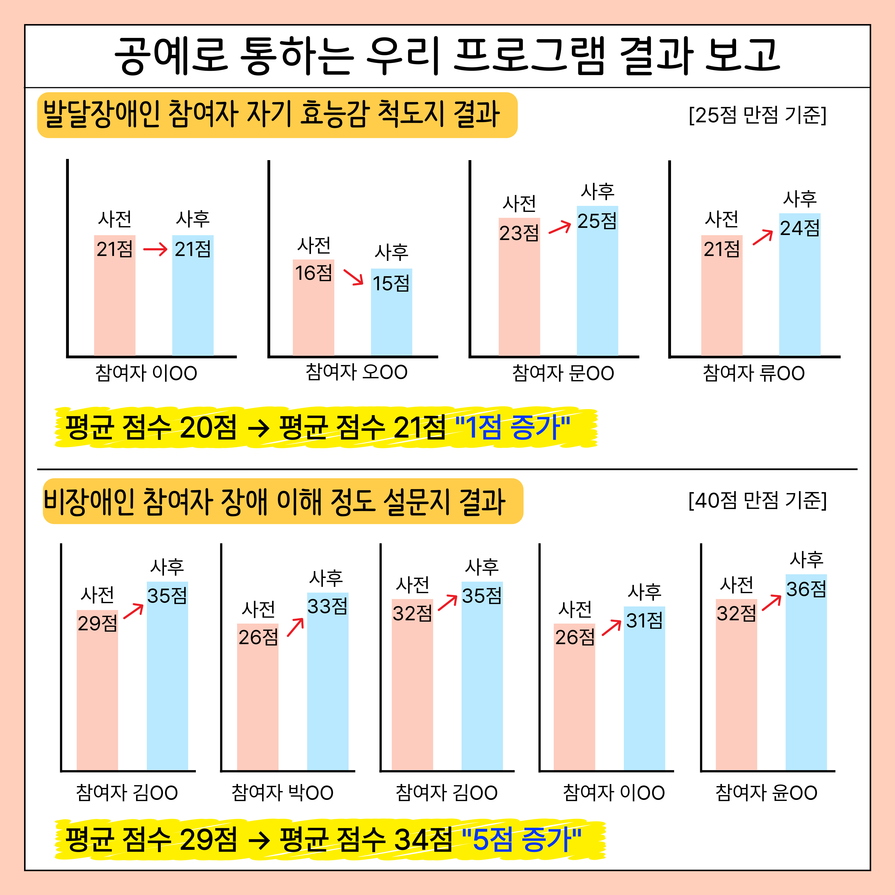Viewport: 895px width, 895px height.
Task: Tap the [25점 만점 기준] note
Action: pyautogui.click(x=758, y=115)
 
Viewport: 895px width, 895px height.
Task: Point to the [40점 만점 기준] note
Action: pyautogui.click(x=758, y=500)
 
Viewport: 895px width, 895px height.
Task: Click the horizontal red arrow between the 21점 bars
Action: pyautogui.click(x=155, y=250)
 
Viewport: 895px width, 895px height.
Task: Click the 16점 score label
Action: pyautogui.click(x=314, y=273)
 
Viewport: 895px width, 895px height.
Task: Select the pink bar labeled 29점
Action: pyautogui.click(x=97, y=695)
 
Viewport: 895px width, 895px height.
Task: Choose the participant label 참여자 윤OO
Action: pyautogui.click(x=766, y=793)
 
